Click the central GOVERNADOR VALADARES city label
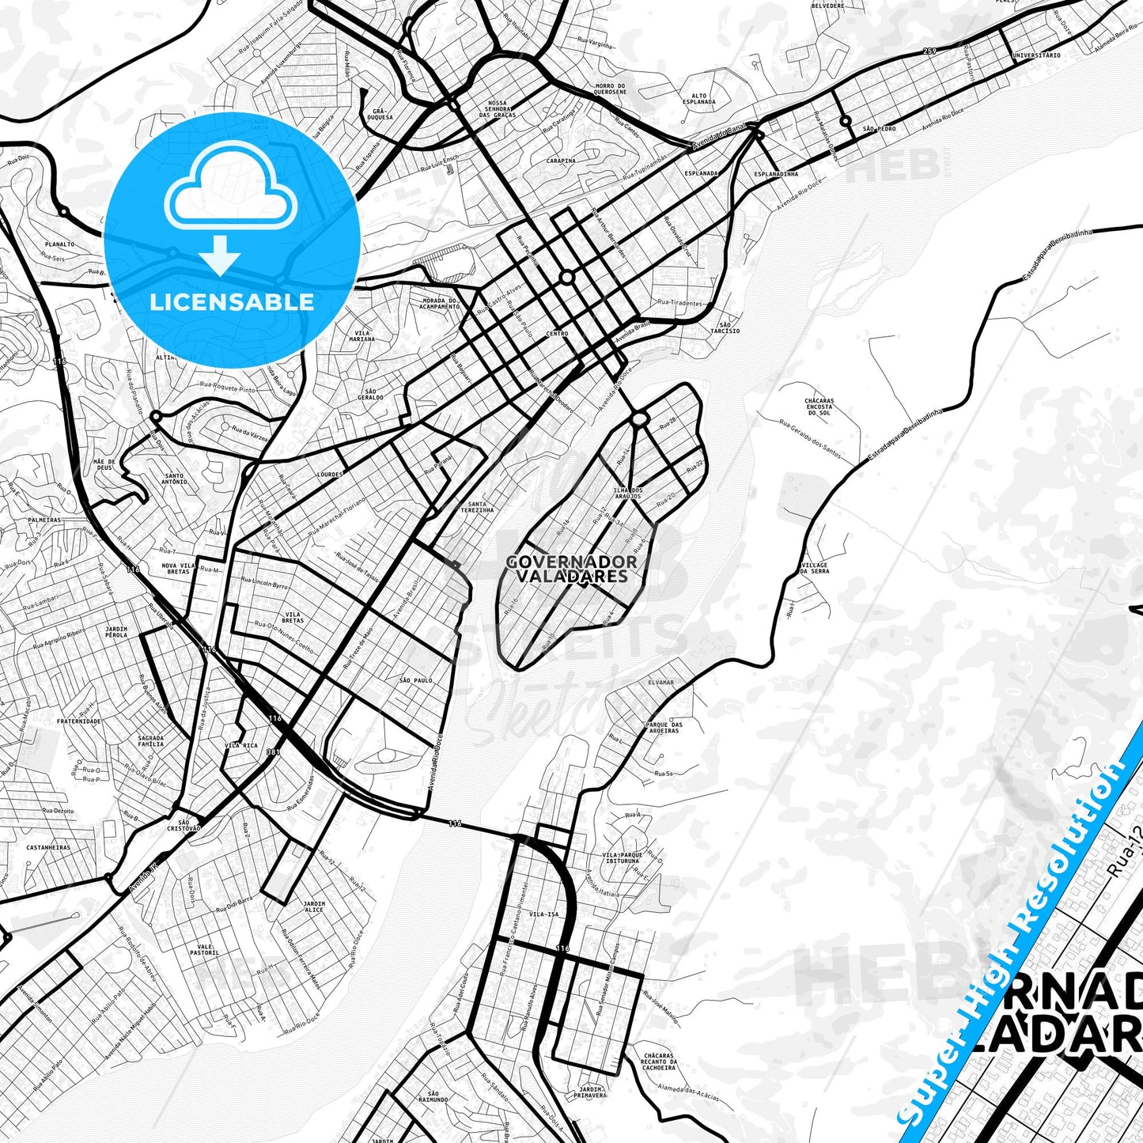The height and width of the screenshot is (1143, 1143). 572,569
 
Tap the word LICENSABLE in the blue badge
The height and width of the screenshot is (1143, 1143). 232,301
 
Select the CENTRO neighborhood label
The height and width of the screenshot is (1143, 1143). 557,334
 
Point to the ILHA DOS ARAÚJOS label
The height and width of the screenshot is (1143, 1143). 629,493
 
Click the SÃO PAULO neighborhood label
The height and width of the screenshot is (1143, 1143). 416,680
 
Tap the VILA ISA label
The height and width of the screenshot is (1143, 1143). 544,914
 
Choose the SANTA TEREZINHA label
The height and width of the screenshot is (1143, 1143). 481,507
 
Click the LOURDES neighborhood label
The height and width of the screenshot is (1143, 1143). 329,475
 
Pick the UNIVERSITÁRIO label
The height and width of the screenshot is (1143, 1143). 1036,56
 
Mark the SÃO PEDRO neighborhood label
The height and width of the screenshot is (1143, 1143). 879,128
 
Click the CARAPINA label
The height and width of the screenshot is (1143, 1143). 561,161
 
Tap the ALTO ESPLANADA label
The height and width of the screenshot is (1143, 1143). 698,99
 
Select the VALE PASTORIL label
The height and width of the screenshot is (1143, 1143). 204,950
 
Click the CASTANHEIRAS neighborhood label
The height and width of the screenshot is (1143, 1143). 48,847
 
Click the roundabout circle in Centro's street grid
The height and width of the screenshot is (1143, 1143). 566,277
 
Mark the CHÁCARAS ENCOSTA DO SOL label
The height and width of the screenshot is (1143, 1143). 819,407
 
